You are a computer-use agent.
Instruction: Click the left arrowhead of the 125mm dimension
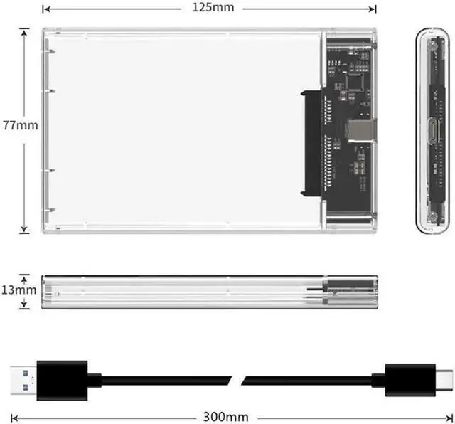click(x=45, y=9)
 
